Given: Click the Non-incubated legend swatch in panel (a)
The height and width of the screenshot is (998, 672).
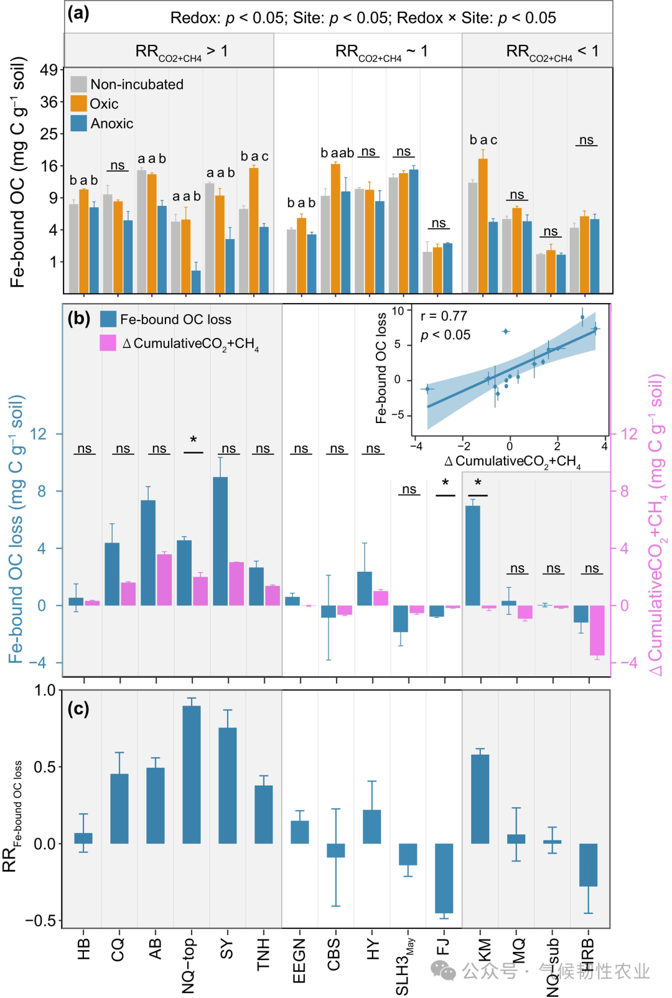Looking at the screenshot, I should pyautogui.click(x=78, y=84).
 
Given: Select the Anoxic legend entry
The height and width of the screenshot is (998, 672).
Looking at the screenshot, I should pyautogui.click(x=111, y=123).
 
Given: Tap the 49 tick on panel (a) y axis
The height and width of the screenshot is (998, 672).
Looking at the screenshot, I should pyautogui.click(x=49, y=70).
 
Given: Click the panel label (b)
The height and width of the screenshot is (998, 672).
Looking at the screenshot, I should pyautogui.click(x=79, y=319).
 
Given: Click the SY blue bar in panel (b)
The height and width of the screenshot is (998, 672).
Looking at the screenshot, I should pyautogui.click(x=220, y=541).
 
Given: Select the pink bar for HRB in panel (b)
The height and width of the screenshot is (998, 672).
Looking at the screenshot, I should pyautogui.click(x=597, y=630).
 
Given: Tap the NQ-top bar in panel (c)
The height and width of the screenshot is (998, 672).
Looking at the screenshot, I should pyautogui.click(x=192, y=774).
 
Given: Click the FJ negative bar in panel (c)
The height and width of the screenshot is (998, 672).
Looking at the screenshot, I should pyautogui.click(x=444, y=878).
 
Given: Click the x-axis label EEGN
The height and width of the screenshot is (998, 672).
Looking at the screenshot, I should pyautogui.click(x=299, y=961).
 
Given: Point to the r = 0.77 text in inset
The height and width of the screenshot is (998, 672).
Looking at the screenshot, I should pyautogui.click(x=444, y=316).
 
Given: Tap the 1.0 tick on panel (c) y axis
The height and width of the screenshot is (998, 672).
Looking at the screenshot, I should pyautogui.click(x=45, y=690).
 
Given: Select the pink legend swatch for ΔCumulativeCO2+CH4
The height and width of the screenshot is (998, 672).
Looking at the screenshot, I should pyautogui.click(x=108, y=343).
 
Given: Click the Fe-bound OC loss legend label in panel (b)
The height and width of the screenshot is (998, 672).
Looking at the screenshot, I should pyautogui.click(x=175, y=319).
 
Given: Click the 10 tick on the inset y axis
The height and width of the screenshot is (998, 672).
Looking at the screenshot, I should pyautogui.click(x=398, y=310).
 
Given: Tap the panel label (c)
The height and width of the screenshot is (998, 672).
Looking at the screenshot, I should pyautogui.click(x=78, y=709).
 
